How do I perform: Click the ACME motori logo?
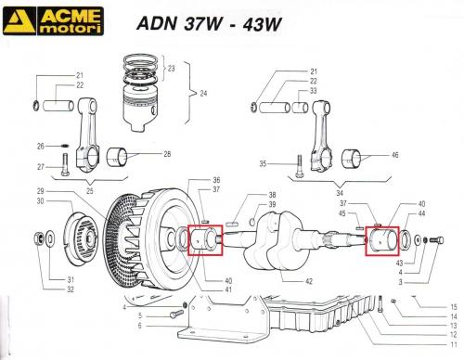[x=53, y=20]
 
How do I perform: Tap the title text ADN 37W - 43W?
[x=209, y=23]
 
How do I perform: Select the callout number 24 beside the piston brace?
[x=203, y=94]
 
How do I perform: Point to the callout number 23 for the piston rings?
[x=171, y=69]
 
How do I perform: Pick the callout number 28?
[x=167, y=154]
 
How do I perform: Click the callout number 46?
[x=395, y=155]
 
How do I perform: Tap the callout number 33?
[x=314, y=91]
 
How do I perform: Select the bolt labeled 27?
[x=65, y=165]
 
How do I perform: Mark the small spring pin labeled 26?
[x=64, y=146]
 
